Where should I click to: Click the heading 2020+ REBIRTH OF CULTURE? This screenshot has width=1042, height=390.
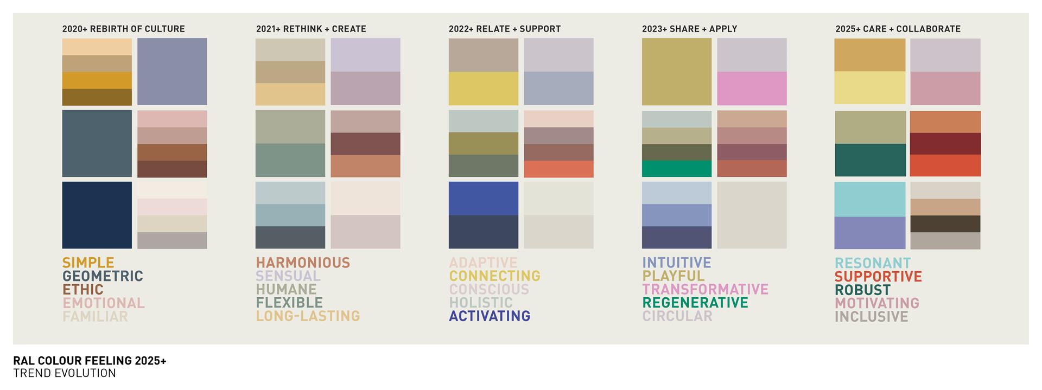pyautogui.click(x=123, y=29)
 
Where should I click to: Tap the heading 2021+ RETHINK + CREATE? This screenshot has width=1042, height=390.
pyautogui.click(x=311, y=29)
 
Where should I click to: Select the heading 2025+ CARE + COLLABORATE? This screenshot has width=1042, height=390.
pyautogui.click(x=898, y=29)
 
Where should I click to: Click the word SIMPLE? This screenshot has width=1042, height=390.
pyautogui.click(x=88, y=263)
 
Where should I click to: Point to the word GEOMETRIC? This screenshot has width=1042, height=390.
pyautogui.click(x=103, y=276)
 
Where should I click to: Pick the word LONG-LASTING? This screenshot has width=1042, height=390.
pyautogui.click(x=308, y=316)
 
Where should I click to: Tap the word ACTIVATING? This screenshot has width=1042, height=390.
pyautogui.click(x=490, y=316)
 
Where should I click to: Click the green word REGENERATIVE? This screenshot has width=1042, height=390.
pyautogui.click(x=695, y=303)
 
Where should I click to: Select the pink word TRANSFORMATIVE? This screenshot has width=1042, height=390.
pyautogui.click(x=705, y=289)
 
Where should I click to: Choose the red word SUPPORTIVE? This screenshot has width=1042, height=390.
pyautogui.click(x=878, y=277)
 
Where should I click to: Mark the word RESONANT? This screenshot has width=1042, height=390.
pyautogui.click(x=873, y=263)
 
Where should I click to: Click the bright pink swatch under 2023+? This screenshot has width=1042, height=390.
pyautogui.click(x=752, y=88)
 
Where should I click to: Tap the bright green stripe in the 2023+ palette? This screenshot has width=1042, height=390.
pyautogui.click(x=677, y=169)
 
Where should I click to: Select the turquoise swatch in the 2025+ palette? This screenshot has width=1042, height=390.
pyautogui.click(x=870, y=199)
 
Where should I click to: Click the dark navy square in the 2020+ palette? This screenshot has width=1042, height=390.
pyautogui.click(x=97, y=215)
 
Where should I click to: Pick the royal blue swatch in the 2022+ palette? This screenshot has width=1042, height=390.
pyautogui.click(x=484, y=199)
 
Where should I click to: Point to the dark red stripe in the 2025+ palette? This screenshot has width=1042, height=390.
pyautogui.click(x=945, y=144)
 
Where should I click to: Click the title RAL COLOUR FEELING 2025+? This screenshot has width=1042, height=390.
pyautogui.click(x=90, y=361)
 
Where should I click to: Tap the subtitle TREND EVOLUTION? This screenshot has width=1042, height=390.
pyautogui.click(x=65, y=373)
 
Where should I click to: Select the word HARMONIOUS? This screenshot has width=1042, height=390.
pyautogui.click(x=303, y=263)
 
